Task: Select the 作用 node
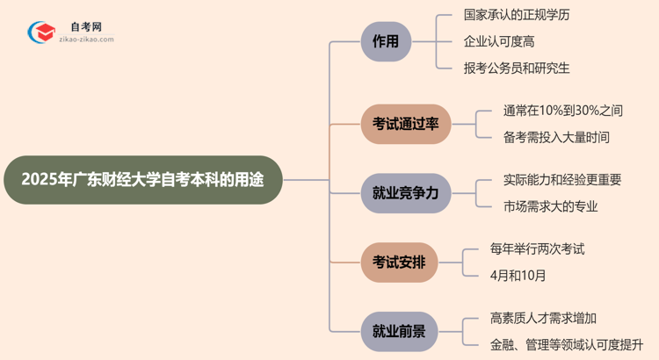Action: point(386,41)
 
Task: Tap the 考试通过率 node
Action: point(405,124)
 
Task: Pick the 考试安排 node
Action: point(399,262)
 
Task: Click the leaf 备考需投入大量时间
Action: point(556,137)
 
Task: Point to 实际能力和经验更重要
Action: point(562,179)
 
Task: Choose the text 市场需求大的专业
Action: point(550,205)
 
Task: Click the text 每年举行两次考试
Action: point(537,248)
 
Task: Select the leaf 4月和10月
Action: point(518,275)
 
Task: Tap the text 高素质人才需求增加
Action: point(549,318)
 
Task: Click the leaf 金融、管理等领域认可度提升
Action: point(568,344)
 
